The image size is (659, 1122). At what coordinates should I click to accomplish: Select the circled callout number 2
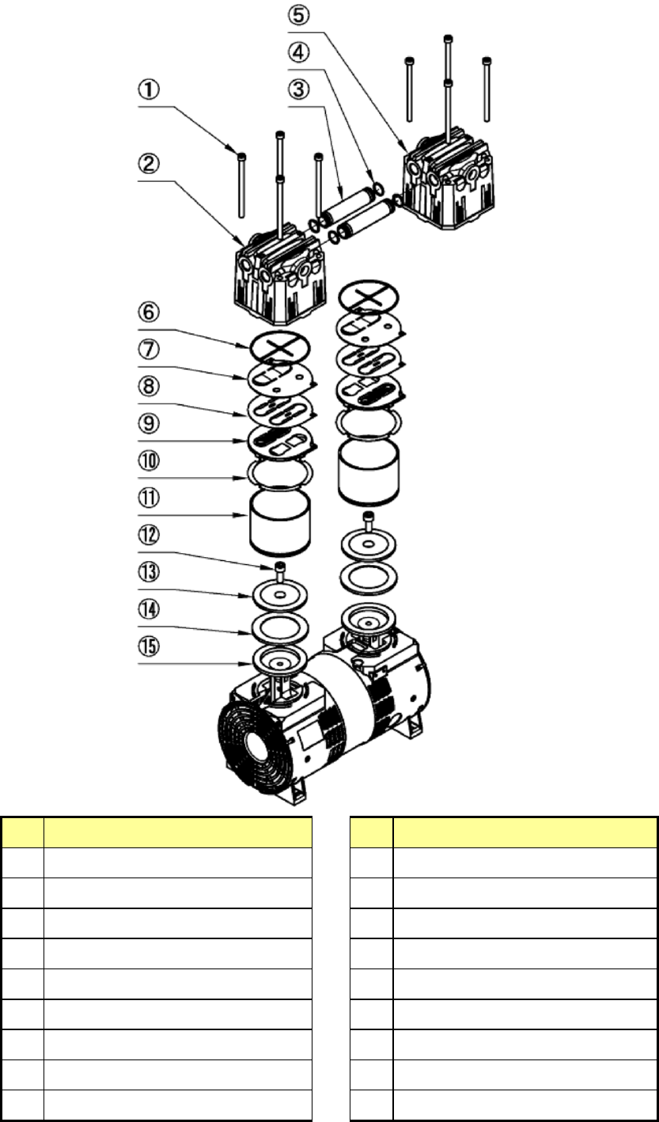pyautogui.click(x=150, y=164)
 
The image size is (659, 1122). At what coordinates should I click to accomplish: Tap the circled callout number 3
pyautogui.click(x=298, y=89)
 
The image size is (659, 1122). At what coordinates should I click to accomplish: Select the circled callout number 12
pyautogui.click(x=150, y=535)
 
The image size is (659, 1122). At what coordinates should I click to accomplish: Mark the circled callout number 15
pyautogui.click(x=150, y=646)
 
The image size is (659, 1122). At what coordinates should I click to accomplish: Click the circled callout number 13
pyautogui.click(x=150, y=572)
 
